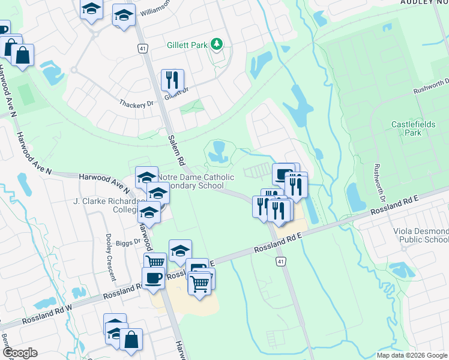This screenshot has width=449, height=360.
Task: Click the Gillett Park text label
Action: pyautogui.click(x=187, y=45)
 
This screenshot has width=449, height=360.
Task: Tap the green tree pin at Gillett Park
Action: pyautogui.click(x=217, y=44)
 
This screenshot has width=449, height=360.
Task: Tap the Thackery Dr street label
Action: pyautogui.click(x=136, y=103)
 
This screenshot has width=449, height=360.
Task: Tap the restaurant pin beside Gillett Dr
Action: pyautogui.click(x=172, y=80)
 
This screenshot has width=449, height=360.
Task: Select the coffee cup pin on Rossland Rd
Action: pyautogui.click(x=153, y=278)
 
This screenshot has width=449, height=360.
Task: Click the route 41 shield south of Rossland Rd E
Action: pyautogui.click(x=280, y=262)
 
